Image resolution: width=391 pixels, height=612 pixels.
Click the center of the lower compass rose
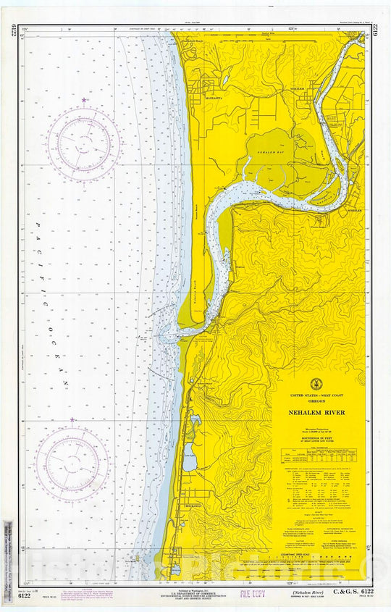[x=72, y=463]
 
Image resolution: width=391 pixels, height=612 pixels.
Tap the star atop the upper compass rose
[x=84, y=100]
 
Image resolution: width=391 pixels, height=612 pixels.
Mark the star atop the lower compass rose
[x=72, y=419]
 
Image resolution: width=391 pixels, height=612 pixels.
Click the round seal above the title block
[x=316, y=384]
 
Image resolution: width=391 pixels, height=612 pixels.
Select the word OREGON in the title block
[x=316, y=403]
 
